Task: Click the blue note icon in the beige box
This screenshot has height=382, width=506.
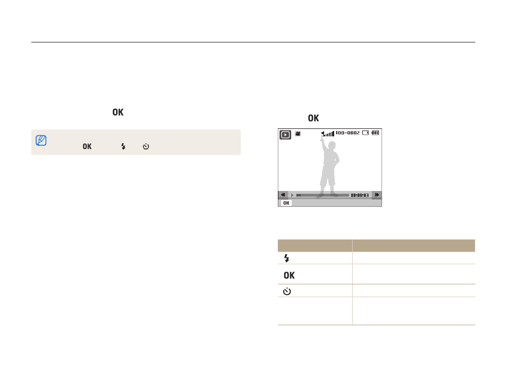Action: click(41, 141)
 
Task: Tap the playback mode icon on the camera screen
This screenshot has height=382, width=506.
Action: click(285, 135)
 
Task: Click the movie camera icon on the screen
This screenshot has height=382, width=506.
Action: click(298, 133)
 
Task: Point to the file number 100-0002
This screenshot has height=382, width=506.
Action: click(347, 133)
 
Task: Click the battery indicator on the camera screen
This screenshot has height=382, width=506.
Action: click(376, 133)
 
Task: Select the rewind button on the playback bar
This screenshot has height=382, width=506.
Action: click(283, 195)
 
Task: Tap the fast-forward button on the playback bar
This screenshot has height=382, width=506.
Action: click(377, 195)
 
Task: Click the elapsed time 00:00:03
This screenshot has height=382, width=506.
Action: click(360, 195)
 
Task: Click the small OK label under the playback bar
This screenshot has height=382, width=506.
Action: click(286, 203)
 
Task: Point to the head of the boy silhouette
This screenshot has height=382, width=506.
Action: click(331, 145)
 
